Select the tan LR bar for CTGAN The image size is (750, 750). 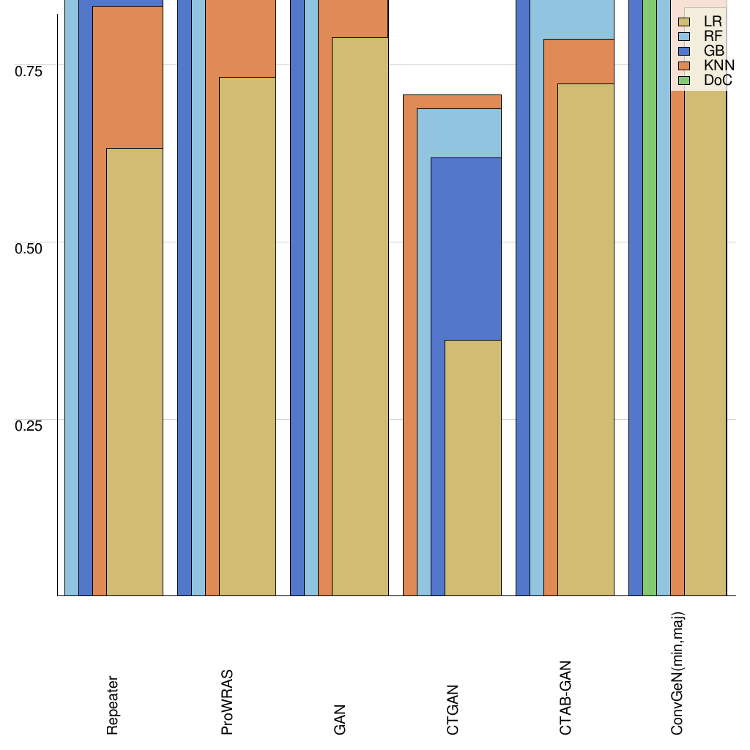473,468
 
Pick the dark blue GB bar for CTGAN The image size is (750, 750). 466,249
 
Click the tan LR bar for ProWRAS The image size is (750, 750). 248,336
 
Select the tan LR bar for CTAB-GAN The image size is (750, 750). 586,340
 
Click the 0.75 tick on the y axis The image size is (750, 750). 29,70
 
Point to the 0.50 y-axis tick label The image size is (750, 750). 29,248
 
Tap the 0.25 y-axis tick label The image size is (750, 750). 29,426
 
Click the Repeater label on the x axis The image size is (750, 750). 112,705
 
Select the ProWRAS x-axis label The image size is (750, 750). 226,702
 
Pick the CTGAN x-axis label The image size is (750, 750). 453,709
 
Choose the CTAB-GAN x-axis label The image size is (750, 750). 565,697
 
